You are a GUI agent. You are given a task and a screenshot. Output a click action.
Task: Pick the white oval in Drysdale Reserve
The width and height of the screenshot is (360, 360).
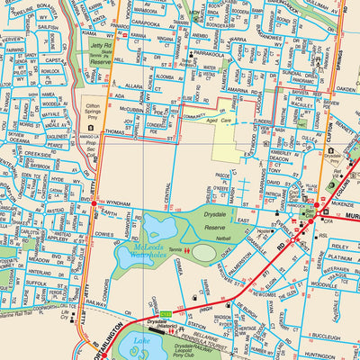click(x=204, y=253)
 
